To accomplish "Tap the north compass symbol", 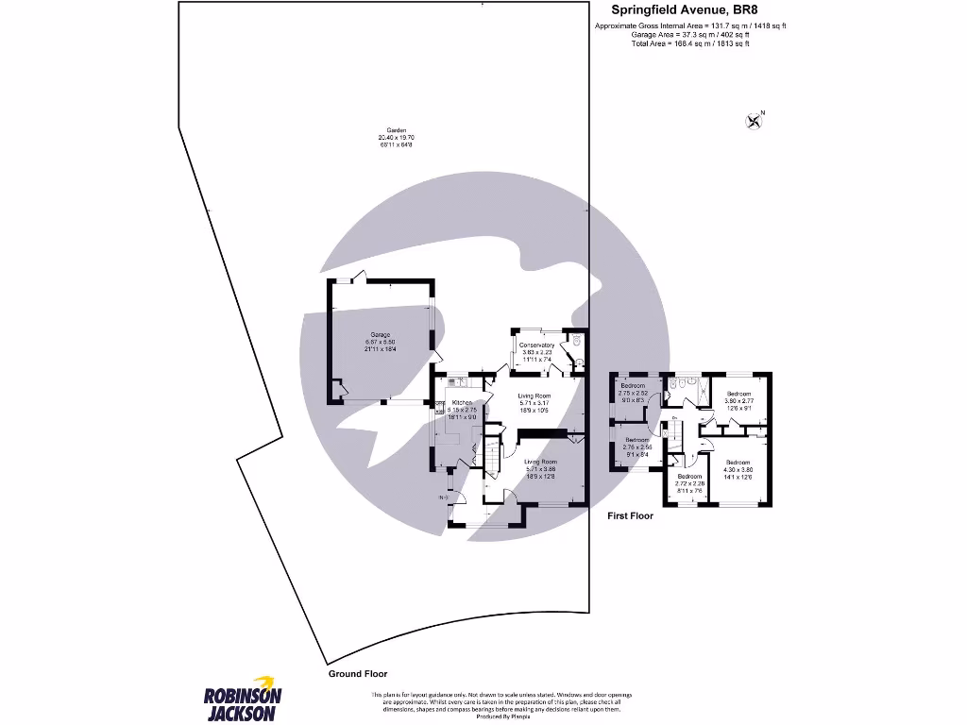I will click(x=754, y=119).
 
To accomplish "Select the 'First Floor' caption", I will click(x=630, y=515).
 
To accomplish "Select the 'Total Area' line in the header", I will click(x=689, y=43).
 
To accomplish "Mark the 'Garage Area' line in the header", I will click(x=689, y=35).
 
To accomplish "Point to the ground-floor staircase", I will click(x=492, y=454).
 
